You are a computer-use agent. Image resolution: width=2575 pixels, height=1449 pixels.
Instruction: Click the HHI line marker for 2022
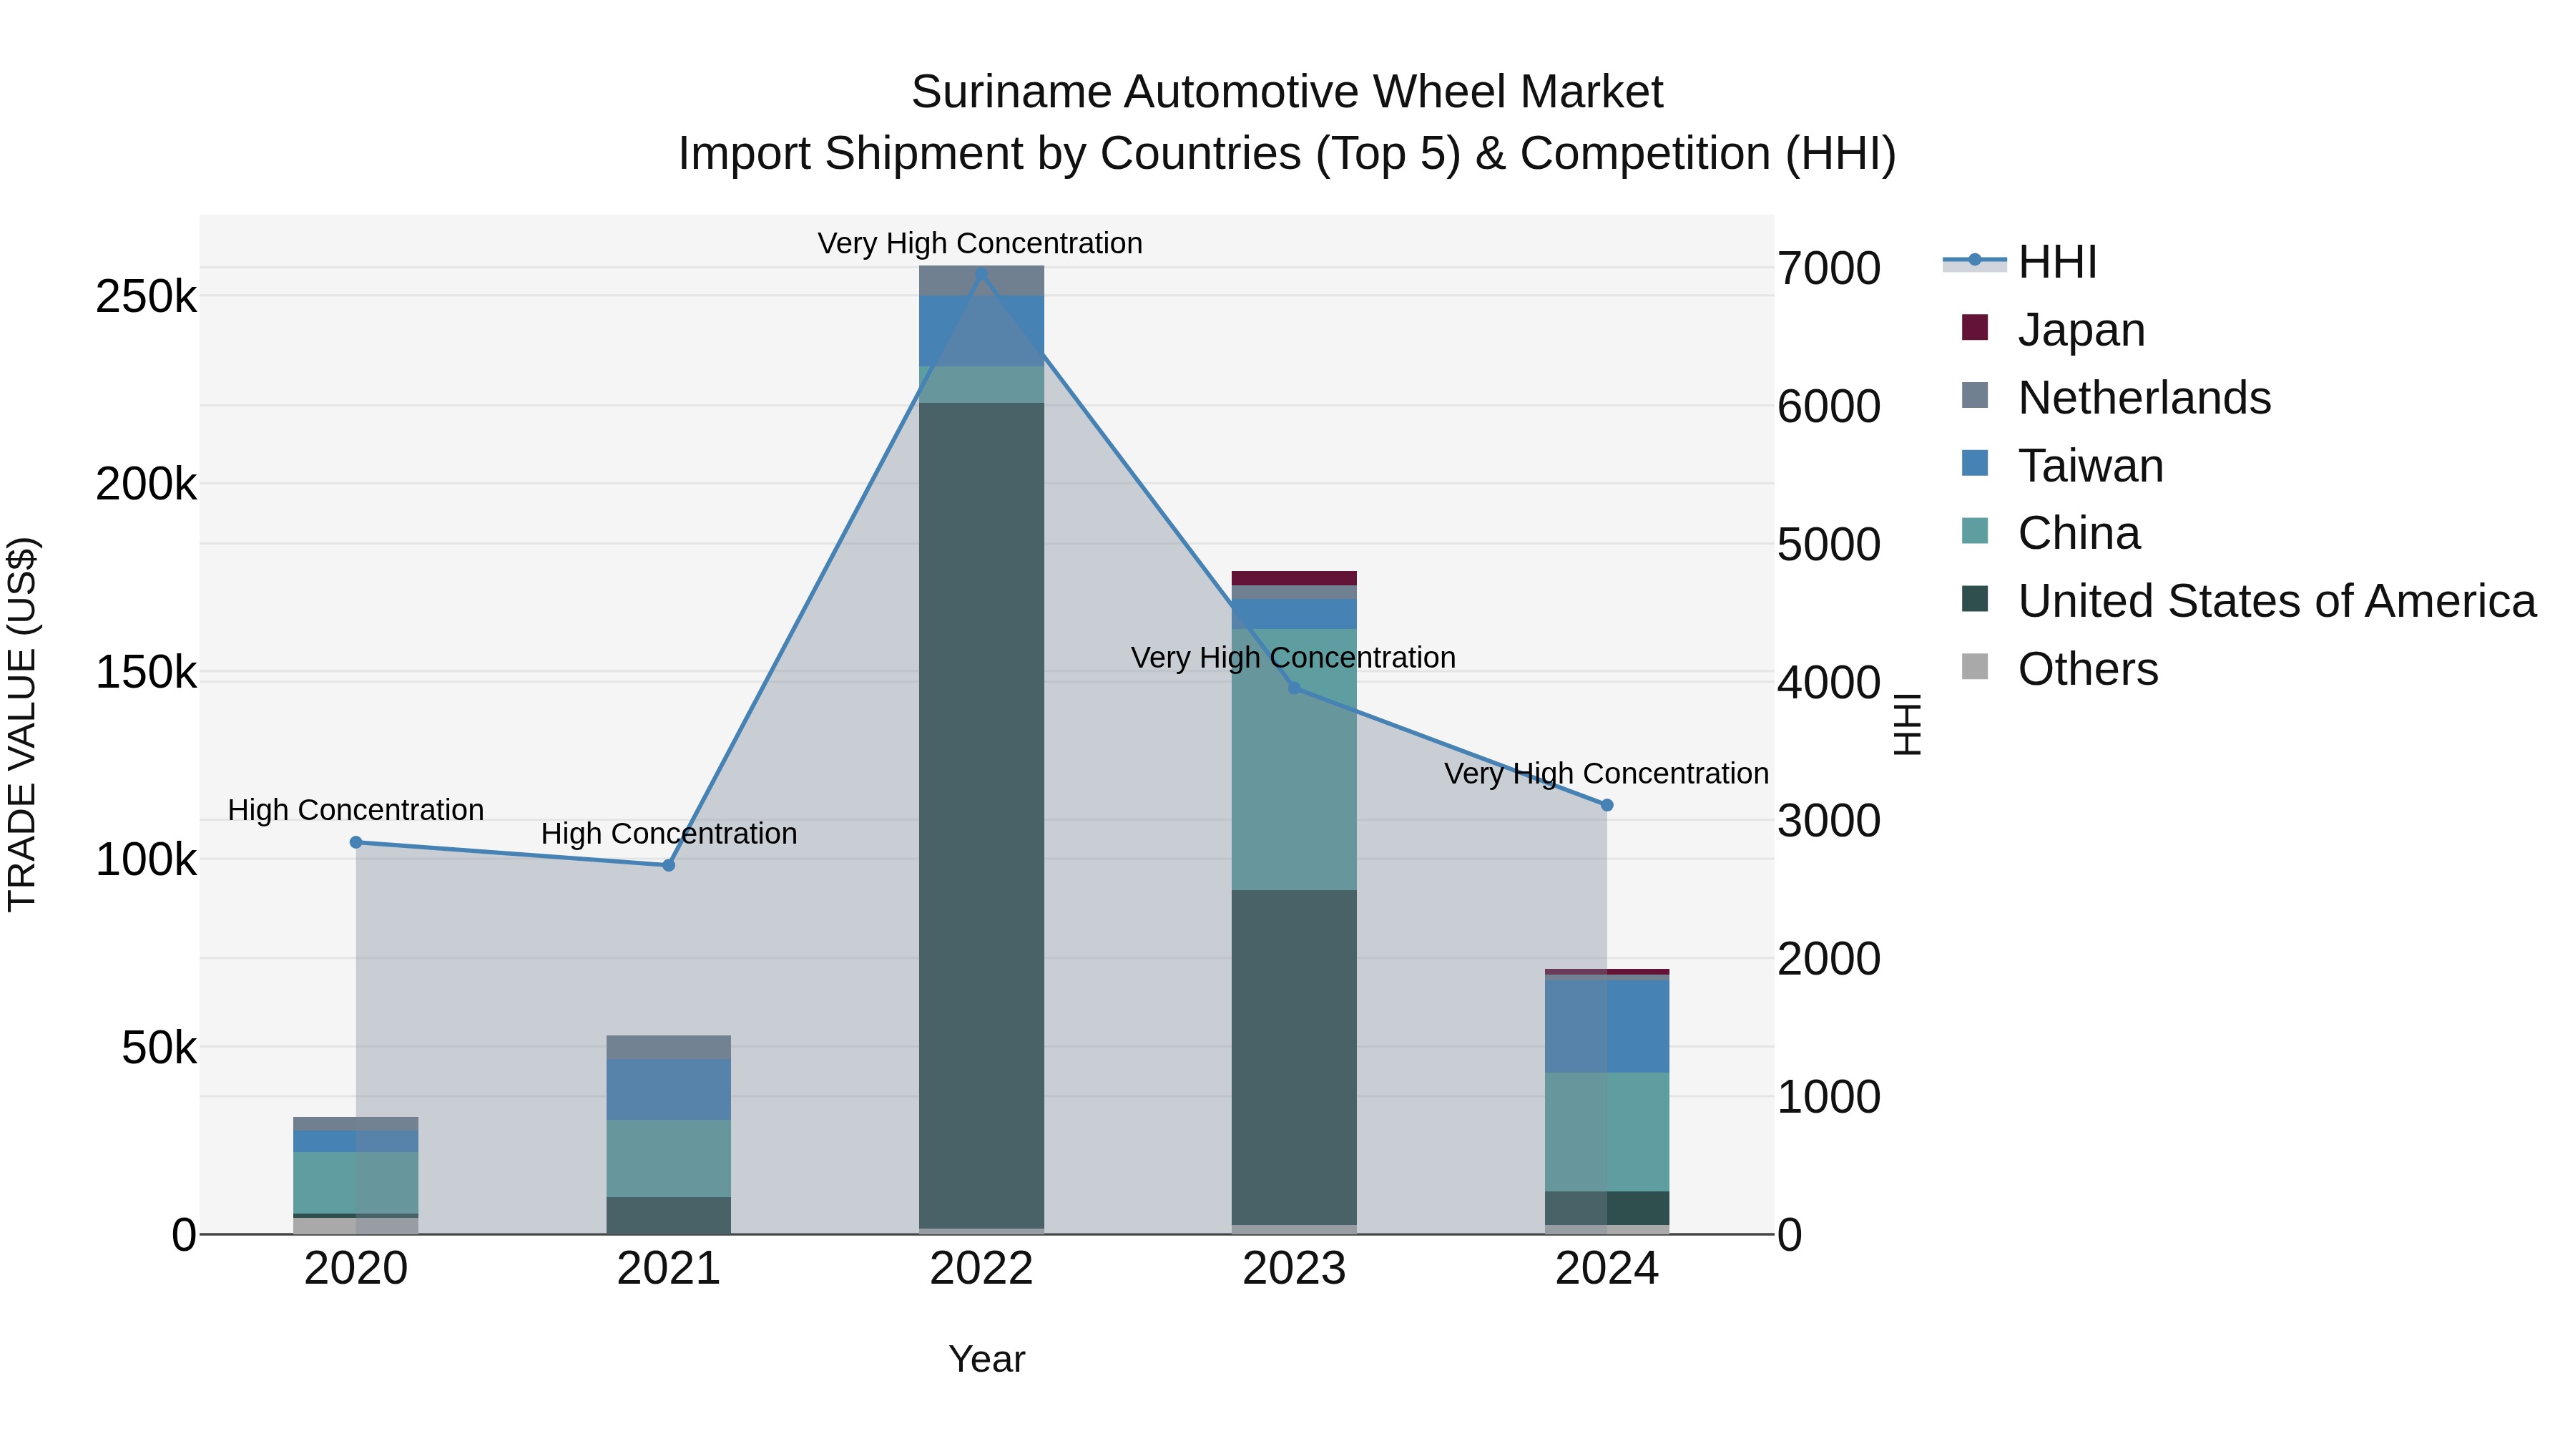point(981,274)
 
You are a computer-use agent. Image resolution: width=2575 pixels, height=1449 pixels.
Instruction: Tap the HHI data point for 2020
point(356,842)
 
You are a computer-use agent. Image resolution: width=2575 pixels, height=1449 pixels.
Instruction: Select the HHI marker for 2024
point(1607,805)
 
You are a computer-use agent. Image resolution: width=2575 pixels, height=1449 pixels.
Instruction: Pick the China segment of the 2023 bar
point(1293,760)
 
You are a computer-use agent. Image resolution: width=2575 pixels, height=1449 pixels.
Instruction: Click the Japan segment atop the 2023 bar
point(1293,578)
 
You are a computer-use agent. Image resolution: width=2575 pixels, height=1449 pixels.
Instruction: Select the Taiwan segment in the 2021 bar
point(669,1089)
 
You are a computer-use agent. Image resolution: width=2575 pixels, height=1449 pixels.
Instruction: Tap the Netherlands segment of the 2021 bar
point(669,1047)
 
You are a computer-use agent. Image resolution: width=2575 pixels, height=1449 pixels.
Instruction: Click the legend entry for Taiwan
point(2089,466)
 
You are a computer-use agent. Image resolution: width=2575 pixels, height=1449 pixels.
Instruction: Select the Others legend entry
point(2087,669)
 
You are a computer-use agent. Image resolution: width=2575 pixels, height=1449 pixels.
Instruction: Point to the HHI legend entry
point(2057,262)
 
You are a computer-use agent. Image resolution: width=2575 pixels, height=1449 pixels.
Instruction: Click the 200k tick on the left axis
point(146,485)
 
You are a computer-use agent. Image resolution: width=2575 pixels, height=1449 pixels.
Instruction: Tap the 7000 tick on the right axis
point(1828,268)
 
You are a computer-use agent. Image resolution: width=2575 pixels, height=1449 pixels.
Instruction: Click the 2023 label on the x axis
point(1293,1269)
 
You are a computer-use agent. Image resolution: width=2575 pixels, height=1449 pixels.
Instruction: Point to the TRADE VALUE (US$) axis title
point(22,724)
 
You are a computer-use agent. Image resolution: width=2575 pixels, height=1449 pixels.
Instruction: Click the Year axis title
point(986,1359)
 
